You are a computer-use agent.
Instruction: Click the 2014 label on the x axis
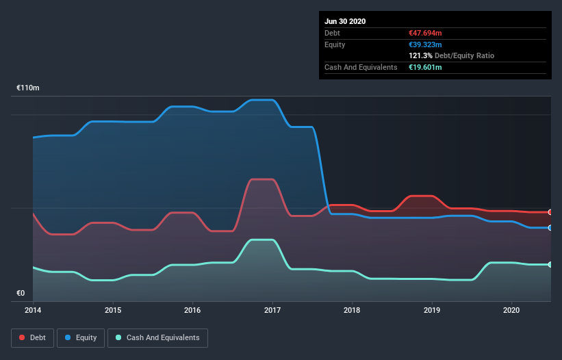point(33,310)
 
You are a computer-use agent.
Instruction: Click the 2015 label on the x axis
point(113,310)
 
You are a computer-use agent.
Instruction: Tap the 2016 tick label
point(192,310)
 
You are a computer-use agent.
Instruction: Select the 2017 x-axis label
point(272,310)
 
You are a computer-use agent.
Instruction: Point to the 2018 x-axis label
point(353,310)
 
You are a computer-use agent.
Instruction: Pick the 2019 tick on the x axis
point(432,310)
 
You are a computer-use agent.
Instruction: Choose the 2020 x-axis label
point(512,310)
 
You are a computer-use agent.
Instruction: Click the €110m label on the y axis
point(28,88)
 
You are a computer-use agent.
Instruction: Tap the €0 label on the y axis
point(21,294)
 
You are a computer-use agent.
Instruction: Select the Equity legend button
point(81,337)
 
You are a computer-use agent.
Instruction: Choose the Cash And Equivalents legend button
point(157,337)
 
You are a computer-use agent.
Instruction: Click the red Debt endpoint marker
point(550,212)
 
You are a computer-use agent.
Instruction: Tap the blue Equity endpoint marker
point(550,227)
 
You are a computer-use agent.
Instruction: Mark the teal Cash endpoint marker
point(550,264)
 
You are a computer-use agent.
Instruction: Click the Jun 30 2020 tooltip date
point(345,21)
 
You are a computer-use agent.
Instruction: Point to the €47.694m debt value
point(424,33)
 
